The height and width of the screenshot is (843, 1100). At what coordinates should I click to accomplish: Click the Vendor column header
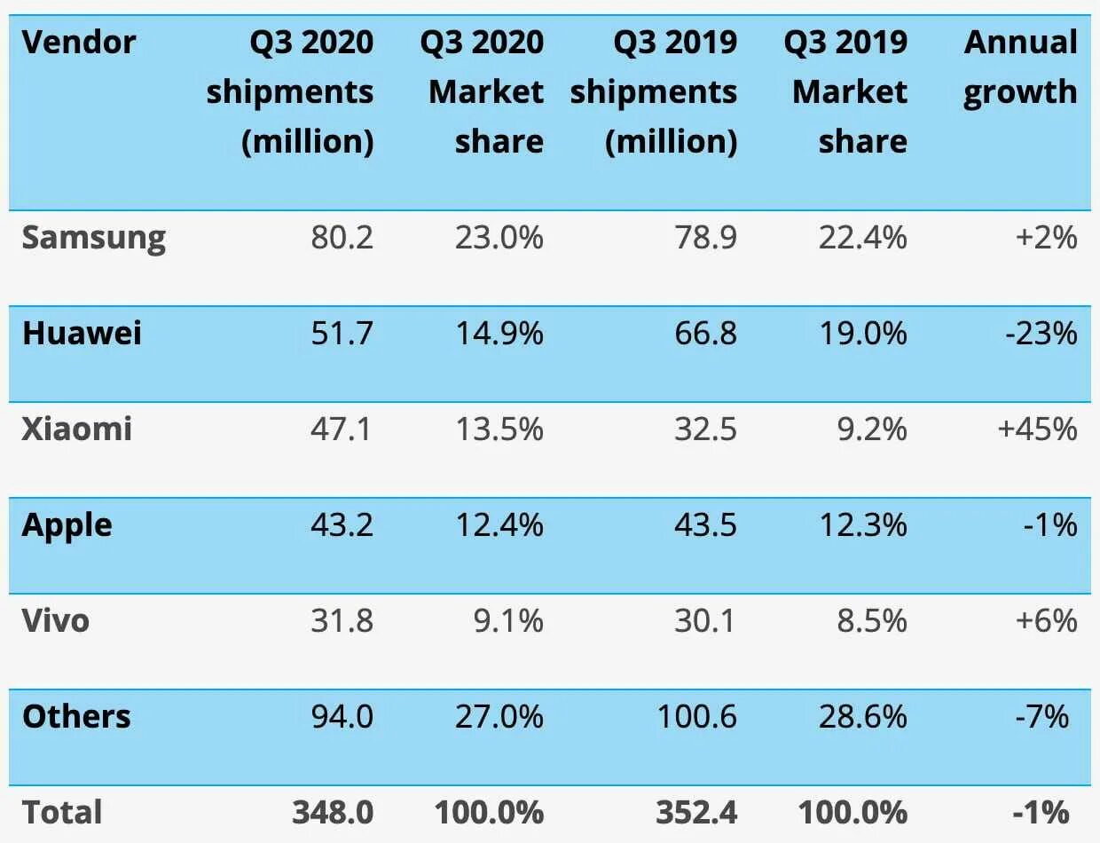[x=79, y=43]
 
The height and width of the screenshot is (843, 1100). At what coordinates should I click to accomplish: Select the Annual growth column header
[x=1020, y=67]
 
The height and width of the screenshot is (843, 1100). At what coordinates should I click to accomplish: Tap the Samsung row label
[x=94, y=238]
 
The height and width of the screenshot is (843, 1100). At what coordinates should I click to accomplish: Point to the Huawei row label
[x=82, y=334]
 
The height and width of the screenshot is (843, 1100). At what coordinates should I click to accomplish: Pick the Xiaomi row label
[x=77, y=429]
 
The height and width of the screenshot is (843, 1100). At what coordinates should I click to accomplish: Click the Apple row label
[x=67, y=525]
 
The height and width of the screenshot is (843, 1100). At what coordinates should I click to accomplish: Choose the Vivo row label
[x=56, y=620]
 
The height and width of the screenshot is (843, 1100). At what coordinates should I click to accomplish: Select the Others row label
[x=76, y=716]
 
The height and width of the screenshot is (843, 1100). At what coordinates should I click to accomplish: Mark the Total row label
[x=62, y=812]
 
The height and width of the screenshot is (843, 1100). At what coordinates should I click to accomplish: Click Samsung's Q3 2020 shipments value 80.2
[x=342, y=238]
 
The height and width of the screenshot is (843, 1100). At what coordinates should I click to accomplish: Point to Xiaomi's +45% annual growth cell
[x=1037, y=429]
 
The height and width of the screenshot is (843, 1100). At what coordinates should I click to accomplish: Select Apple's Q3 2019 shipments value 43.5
[x=705, y=525]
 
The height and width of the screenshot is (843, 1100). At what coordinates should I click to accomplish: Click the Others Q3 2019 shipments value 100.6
[x=696, y=716]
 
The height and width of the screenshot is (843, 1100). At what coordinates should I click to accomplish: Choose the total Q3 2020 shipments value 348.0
[x=332, y=812]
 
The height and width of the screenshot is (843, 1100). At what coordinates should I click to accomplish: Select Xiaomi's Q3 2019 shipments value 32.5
[x=705, y=429]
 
